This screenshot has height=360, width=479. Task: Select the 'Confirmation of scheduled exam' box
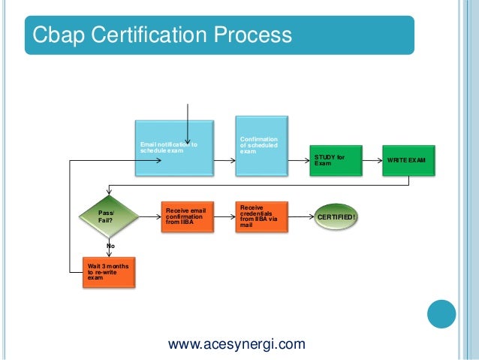coord(261,146)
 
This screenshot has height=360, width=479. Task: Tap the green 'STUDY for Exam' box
coord(335,160)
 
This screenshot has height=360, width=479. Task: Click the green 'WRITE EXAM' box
coord(408,160)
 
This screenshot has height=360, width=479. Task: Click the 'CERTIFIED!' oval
coord(336,217)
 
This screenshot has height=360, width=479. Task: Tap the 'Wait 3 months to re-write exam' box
coord(110,271)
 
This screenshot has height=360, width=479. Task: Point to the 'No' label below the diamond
coord(110,245)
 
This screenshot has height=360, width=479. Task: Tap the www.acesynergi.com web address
coord(236,345)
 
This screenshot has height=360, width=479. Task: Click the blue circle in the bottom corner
coord(441,315)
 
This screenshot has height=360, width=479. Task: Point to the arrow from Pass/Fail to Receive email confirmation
coord(149,217)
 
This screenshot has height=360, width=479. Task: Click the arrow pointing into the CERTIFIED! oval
coord(301,217)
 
